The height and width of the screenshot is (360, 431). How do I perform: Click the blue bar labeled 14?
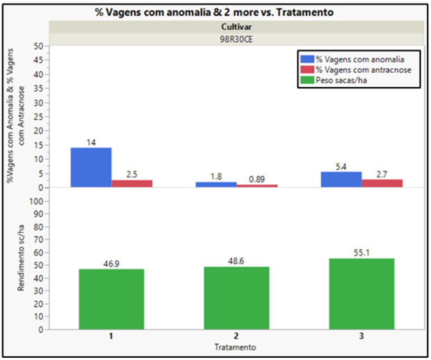[x=90, y=167]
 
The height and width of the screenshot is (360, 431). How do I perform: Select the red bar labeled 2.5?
[x=131, y=183]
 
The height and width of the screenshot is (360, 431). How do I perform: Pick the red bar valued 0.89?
[x=257, y=186]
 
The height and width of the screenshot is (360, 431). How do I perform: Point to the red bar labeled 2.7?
[x=382, y=183]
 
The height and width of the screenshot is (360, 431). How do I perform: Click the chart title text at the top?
[x=215, y=13]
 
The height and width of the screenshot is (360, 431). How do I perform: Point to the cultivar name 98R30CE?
[x=236, y=40]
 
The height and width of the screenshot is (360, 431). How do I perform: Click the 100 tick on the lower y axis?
[x=38, y=201]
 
